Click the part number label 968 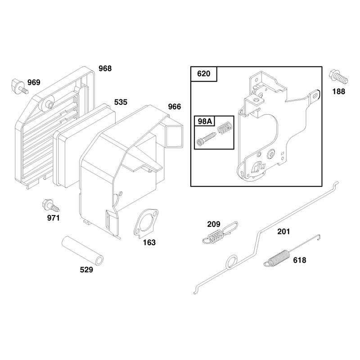click(x=105, y=68)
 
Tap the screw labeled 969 click(x=19, y=87)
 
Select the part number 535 click(x=121, y=102)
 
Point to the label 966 click(x=175, y=107)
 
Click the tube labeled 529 click(x=82, y=251)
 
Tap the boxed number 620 click(x=204, y=74)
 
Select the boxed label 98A click(x=205, y=121)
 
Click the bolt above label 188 click(x=338, y=77)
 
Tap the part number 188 click(x=339, y=92)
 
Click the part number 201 click(x=283, y=231)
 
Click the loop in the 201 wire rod click(x=232, y=262)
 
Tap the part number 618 click(x=299, y=260)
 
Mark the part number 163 click(x=149, y=243)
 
